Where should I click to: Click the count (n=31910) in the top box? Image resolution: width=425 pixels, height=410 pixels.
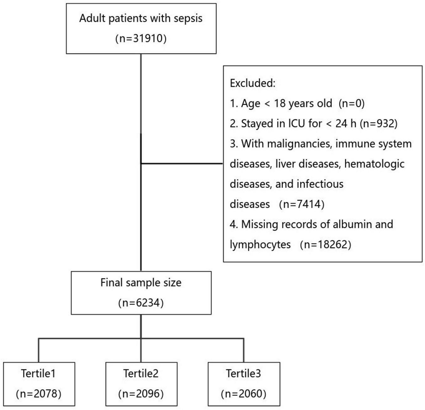coord(141,39)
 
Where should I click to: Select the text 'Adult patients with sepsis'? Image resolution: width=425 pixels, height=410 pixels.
coord(141,18)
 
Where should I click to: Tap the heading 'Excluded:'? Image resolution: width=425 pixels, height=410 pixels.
coord(252,83)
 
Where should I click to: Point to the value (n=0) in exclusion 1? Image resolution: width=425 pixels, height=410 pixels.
coord(352,103)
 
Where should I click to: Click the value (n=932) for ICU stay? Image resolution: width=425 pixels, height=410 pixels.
coord(379,124)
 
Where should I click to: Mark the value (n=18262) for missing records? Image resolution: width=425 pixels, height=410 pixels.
coord(325,244)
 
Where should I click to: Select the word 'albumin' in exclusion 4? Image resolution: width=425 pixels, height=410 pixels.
coord(353,224)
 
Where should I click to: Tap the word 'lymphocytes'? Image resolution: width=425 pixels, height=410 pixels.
coord(260,244)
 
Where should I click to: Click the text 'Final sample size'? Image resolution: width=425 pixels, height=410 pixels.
coord(141,283)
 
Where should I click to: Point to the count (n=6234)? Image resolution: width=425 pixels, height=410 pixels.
coord(141,303)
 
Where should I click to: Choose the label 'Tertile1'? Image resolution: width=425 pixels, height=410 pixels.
coord(38,374)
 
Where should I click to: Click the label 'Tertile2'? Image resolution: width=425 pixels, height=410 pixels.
coord(141,374)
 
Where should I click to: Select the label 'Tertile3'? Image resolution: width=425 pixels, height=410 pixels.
coord(243,374)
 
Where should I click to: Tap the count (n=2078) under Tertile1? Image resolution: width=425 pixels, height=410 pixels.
coord(38,394)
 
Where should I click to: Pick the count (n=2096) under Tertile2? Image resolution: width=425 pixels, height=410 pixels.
coord(141,394)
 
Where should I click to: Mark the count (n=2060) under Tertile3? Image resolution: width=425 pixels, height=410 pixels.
coord(243,394)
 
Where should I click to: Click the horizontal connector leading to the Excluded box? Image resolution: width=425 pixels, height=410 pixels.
coord(182,164)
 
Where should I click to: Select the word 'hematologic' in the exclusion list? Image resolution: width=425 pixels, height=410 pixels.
coord(374,164)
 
